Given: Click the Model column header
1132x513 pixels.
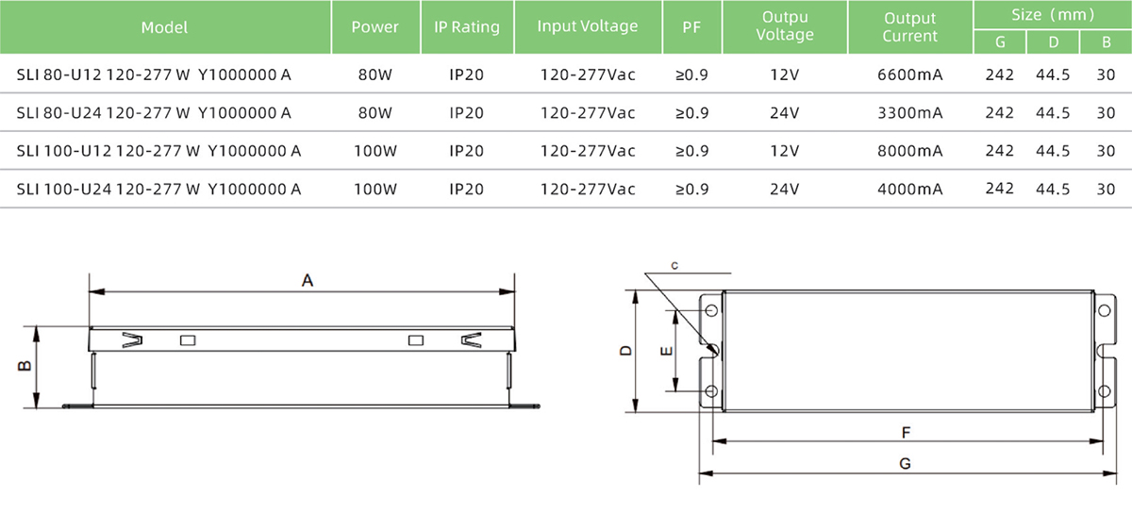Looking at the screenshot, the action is (164, 27).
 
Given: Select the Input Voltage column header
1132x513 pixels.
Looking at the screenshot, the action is (587, 26).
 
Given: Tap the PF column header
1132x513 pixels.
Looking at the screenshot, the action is (691, 26).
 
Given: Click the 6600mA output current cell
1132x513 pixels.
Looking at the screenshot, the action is (909, 74).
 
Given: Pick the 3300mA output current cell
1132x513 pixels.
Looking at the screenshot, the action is (909, 113).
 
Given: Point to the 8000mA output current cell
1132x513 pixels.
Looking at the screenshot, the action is (909, 151).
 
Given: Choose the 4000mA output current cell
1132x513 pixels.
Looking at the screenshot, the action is (909, 189).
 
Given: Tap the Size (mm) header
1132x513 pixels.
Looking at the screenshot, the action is (1053, 15).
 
